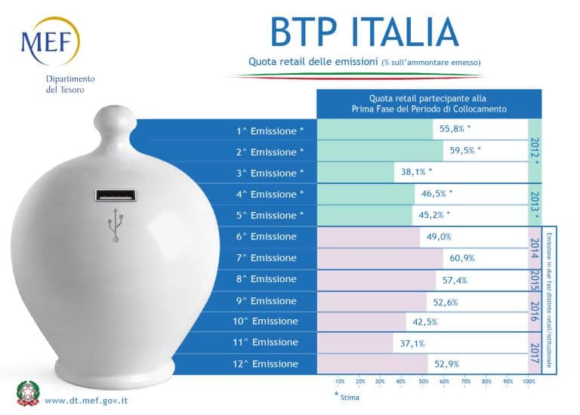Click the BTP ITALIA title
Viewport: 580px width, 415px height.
click(364, 32)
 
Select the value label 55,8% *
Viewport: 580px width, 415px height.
click(455, 128)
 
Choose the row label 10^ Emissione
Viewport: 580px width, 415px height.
click(265, 321)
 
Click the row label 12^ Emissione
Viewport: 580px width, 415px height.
click(265, 364)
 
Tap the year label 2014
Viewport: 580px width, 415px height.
click(535, 247)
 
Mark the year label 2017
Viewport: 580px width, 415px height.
click(535, 352)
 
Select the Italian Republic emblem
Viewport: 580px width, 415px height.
click(29, 394)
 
